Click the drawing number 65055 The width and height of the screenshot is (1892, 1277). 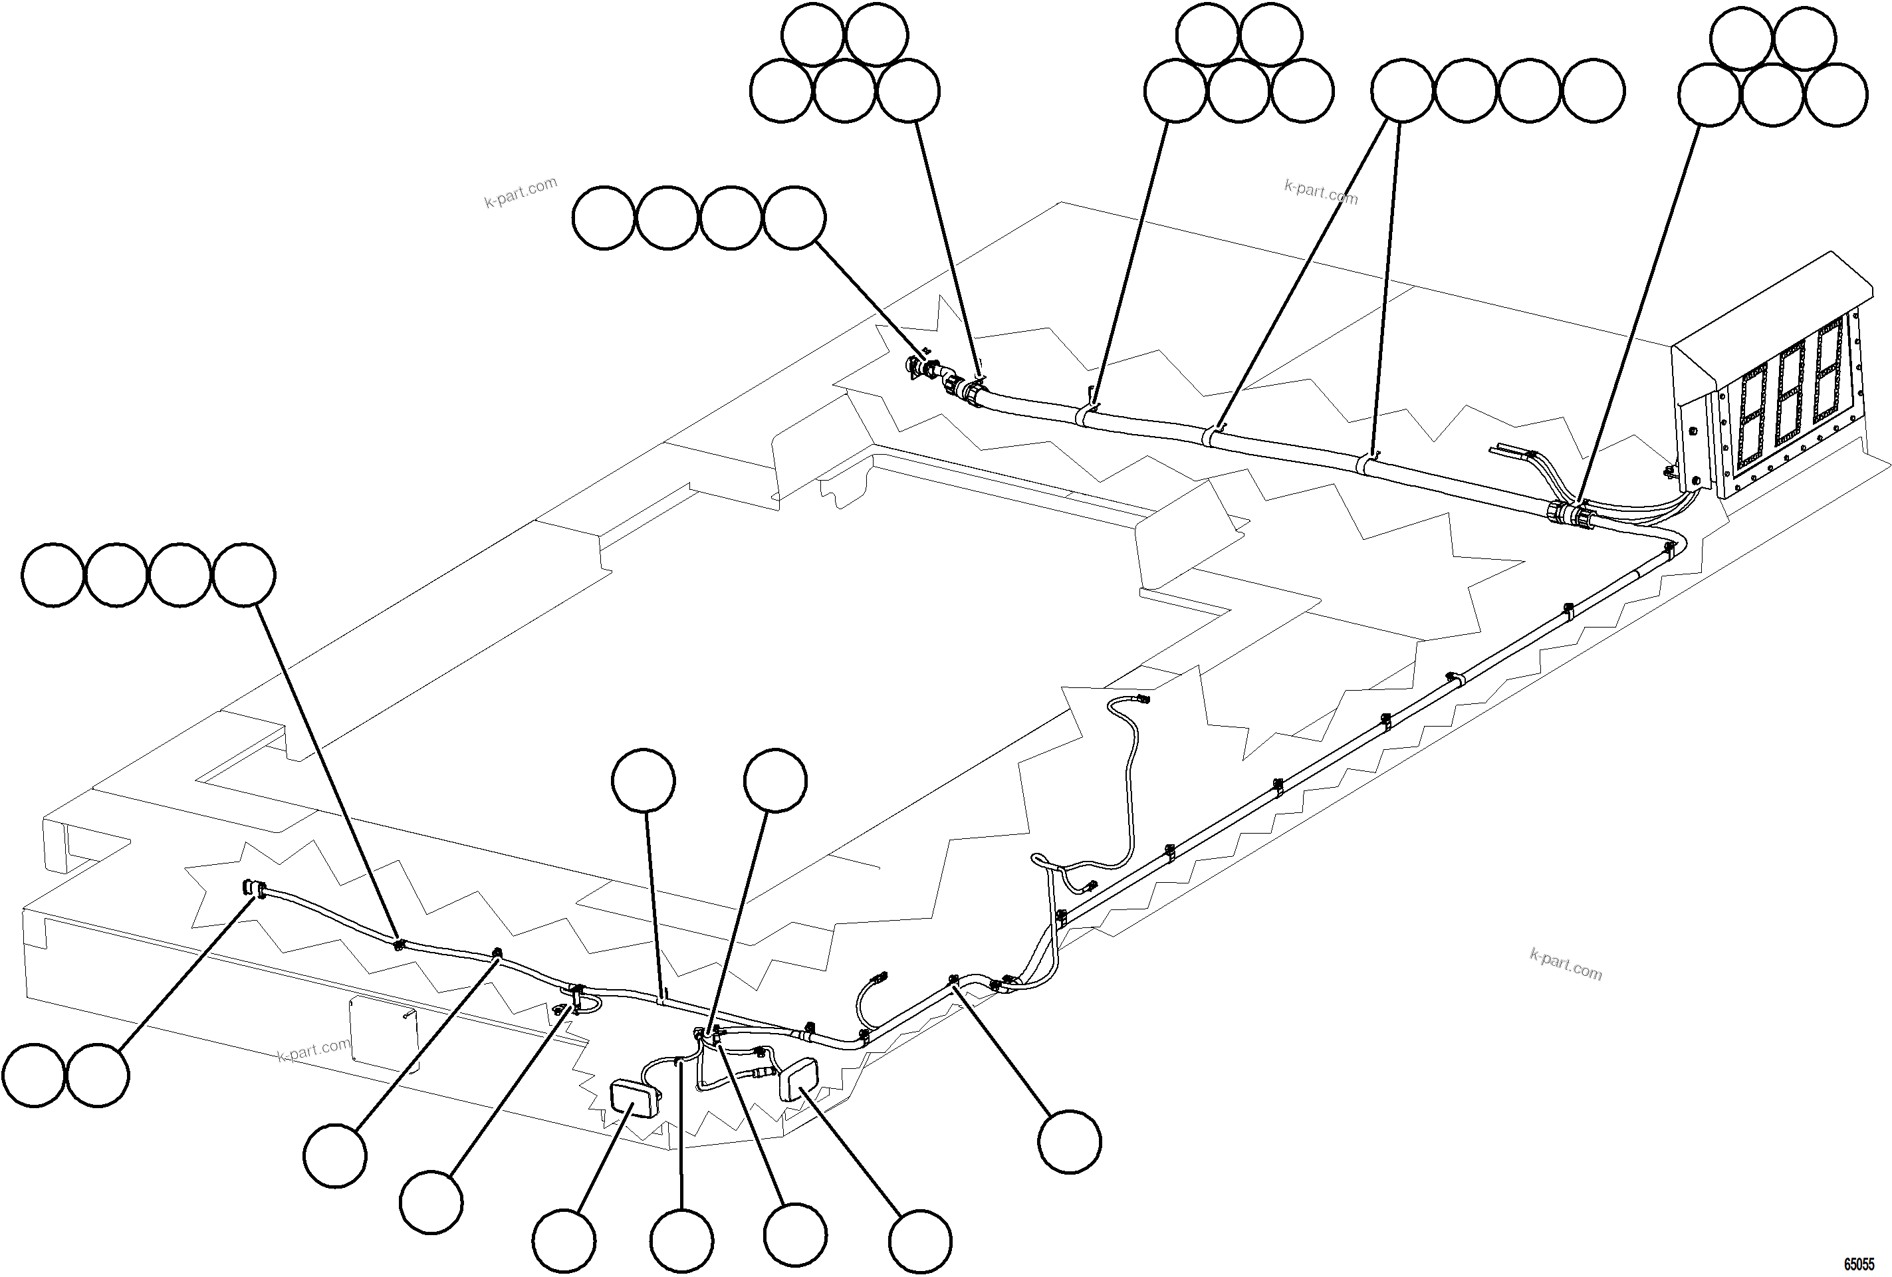1858,1264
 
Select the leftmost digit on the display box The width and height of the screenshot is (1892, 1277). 1753,424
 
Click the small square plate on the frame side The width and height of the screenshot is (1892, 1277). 383,1035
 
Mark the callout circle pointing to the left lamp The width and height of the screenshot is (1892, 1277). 564,1241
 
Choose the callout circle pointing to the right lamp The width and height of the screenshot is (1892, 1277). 920,1241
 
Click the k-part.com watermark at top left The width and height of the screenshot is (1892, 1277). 521,193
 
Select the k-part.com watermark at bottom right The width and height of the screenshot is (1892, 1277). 1565,965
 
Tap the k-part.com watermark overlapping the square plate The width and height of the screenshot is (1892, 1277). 313,1050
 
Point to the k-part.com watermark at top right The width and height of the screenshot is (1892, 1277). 1320,192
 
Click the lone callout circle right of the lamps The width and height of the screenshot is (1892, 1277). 1070,1141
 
